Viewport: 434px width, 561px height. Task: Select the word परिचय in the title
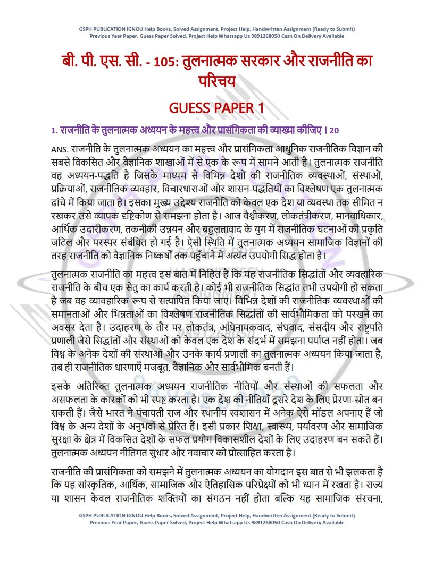tap(217, 82)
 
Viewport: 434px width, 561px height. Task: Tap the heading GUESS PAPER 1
tap(216, 108)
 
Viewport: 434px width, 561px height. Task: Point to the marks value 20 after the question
tap(333, 130)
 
